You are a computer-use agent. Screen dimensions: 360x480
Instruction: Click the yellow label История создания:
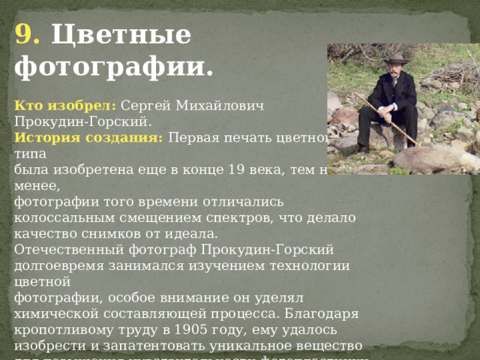(88, 137)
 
